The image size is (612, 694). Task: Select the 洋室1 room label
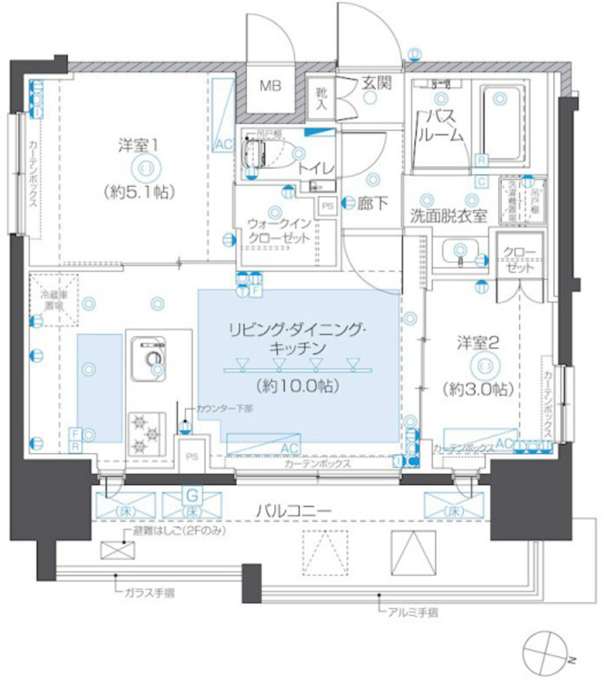tap(140, 144)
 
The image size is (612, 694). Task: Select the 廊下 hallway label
tap(375, 203)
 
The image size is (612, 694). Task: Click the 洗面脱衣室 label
tap(448, 217)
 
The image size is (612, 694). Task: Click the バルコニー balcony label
tap(294, 510)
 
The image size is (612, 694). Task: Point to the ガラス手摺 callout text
tap(149, 593)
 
